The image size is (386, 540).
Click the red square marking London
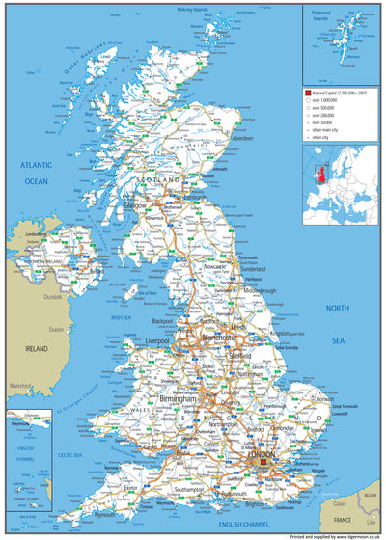(262, 462)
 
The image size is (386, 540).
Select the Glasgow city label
(134, 205)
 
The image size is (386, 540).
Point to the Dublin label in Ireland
(57, 329)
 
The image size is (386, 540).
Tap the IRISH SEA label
(121, 317)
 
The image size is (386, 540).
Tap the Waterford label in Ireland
(18, 385)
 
